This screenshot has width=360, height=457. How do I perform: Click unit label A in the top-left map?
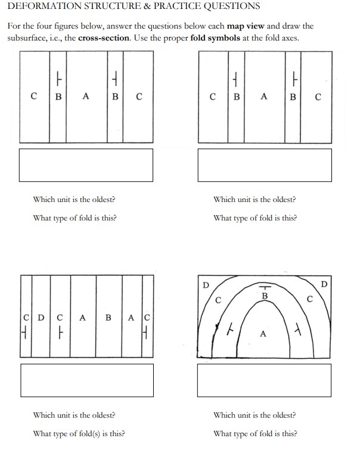(86, 95)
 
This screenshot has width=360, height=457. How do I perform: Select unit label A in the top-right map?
(263, 95)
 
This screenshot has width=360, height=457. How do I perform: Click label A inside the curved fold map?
(262, 334)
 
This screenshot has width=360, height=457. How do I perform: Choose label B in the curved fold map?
(265, 296)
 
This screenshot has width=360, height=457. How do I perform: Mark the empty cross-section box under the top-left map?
(86, 164)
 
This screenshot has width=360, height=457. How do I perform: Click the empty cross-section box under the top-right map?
(264, 164)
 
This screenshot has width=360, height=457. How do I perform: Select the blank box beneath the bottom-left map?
(86, 380)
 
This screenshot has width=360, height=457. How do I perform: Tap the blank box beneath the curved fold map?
(264, 380)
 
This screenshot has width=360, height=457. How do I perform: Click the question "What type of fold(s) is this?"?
(79, 433)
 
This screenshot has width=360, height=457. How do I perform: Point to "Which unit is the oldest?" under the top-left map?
(75, 200)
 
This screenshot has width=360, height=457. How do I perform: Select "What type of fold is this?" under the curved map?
(255, 433)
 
